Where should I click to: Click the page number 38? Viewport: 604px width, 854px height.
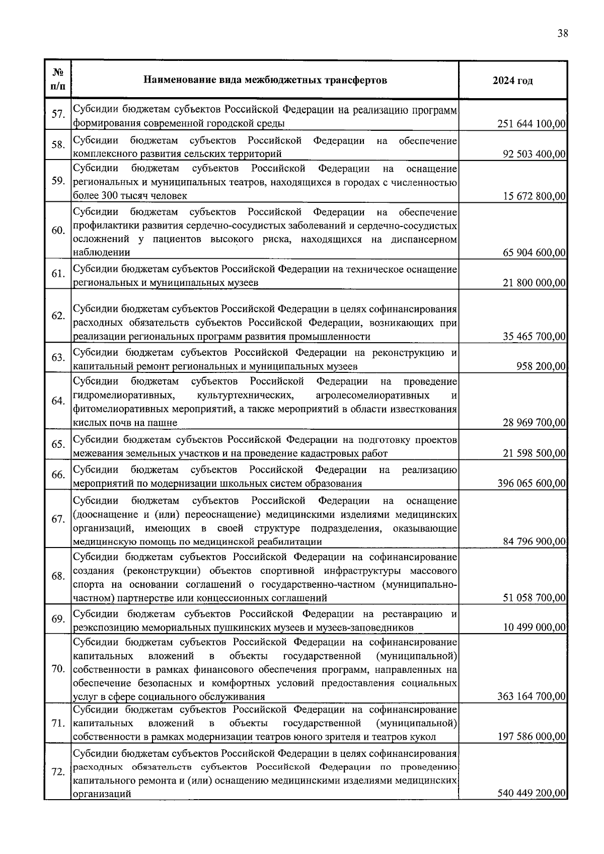[562, 34]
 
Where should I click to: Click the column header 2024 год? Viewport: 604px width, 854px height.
[512, 81]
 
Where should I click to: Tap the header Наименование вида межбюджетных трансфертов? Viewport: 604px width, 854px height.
[265, 80]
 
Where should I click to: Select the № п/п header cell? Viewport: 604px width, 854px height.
[57, 80]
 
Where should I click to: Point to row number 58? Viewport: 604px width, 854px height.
[58, 145]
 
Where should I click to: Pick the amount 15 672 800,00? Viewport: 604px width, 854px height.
[534, 196]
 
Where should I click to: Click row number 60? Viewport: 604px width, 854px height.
[58, 231]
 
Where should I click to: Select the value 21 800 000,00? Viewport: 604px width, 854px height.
[534, 283]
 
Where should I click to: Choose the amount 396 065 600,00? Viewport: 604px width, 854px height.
[532, 484]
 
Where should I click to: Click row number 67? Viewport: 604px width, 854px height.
[58, 519]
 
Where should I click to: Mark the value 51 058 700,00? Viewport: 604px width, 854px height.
[534, 598]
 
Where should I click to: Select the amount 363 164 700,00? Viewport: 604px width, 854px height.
[532, 697]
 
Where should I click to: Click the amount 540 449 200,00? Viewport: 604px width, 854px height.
[532, 794]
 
